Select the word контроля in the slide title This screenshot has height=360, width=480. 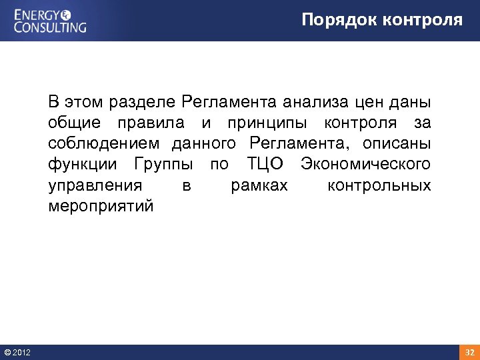pyautogui.click(x=423, y=20)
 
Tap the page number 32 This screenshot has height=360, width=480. pyautogui.click(x=469, y=351)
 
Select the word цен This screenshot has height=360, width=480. pyautogui.click(x=369, y=103)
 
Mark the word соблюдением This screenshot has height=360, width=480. pyautogui.click(x=104, y=143)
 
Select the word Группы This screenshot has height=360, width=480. pyautogui.click(x=164, y=164)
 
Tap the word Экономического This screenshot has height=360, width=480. pyautogui.click(x=365, y=164)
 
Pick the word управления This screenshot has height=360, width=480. pyautogui.click(x=95, y=185)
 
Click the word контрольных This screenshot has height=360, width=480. pyautogui.click(x=379, y=185)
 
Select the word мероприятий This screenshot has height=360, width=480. pyautogui.click(x=101, y=205)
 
